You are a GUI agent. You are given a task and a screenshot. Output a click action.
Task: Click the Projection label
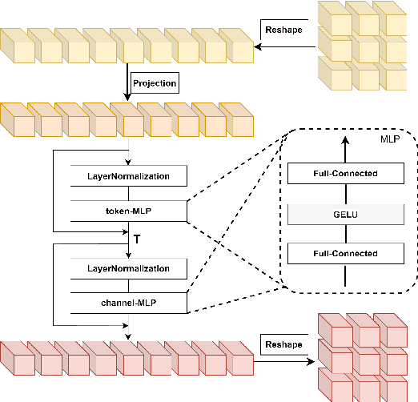154,82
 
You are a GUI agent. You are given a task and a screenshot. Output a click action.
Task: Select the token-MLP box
129,211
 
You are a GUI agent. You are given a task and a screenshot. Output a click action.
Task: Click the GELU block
344,214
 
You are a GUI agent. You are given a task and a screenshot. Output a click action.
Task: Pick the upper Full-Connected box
344,173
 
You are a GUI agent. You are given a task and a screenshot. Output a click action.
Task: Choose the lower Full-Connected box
344,254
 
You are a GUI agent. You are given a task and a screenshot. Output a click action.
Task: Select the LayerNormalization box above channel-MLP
129,267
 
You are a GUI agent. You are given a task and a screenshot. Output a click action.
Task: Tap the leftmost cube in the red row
14,360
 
